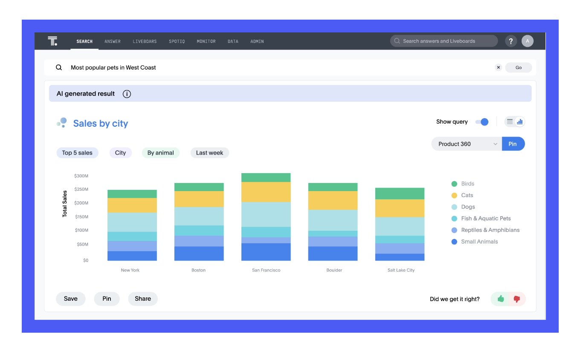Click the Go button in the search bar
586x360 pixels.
[x=518, y=67]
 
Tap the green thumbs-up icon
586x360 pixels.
[x=500, y=299]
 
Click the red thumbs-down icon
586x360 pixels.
[x=516, y=299]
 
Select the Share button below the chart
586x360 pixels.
[x=143, y=299]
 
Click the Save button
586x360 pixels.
[x=71, y=299]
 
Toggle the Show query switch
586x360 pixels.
[x=482, y=122]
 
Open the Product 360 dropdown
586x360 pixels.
[x=467, y=144]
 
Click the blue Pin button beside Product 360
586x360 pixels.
[x=513, y=144]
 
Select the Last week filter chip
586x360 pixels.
[x=209, y=153]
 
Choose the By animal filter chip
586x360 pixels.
[x=161, y=153]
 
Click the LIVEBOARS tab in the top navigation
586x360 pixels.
[x=145, y=41]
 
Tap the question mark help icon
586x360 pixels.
[x=511, y=41]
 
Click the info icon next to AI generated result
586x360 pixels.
[x=127, y=94]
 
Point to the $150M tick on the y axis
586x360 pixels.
[x=81, y=217]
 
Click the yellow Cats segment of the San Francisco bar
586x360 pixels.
[x=266, y=192]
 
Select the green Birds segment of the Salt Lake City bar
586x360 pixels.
[x=400, y=194]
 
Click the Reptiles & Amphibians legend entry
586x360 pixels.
[x=485, y=230]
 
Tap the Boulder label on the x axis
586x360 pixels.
[x=334, y=270]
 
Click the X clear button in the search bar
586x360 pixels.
[x=499, y=67]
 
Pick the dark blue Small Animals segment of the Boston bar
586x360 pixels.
[x=199, y=253]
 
